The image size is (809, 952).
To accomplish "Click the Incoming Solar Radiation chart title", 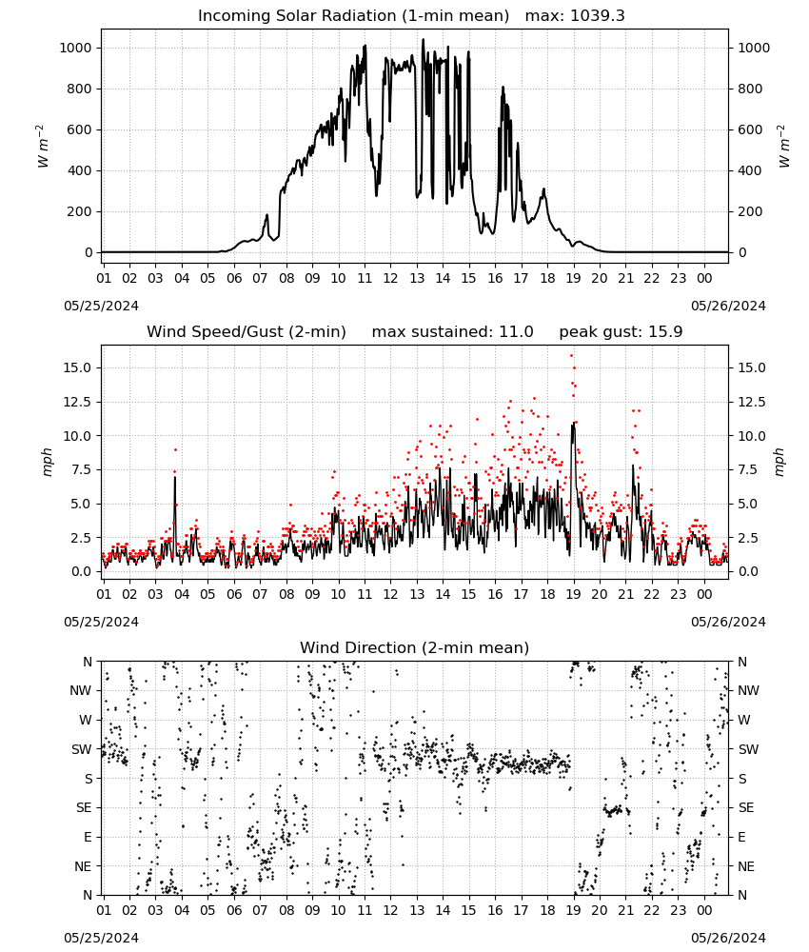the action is [353, 16].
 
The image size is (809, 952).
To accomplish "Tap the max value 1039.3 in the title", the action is [597, 16].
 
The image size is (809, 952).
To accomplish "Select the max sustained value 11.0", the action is [517, 332].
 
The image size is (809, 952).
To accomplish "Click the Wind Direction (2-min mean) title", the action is [415, 647].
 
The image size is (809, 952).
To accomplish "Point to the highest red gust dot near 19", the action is [571, 356].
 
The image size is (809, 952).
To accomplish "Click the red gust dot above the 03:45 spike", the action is [175, 450].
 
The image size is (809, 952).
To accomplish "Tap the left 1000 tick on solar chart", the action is [76, 48].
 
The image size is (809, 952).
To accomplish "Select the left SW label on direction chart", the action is [82, 749].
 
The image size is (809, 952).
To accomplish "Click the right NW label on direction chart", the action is [748, 690].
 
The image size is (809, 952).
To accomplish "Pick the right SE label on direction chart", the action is [746, 807].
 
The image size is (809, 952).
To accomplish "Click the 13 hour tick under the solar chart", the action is [416, 278].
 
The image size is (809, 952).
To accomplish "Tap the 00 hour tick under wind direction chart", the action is [704, 910].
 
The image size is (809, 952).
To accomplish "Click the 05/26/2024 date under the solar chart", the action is [728, 306].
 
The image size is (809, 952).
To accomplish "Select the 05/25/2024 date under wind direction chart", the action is [101, 938].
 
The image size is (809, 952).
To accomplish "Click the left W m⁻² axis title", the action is [42, 147].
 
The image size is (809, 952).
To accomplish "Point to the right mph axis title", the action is [779, 463].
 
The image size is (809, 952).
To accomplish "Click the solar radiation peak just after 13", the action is [423, 39].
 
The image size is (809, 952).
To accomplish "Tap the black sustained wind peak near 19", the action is [573, 424].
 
